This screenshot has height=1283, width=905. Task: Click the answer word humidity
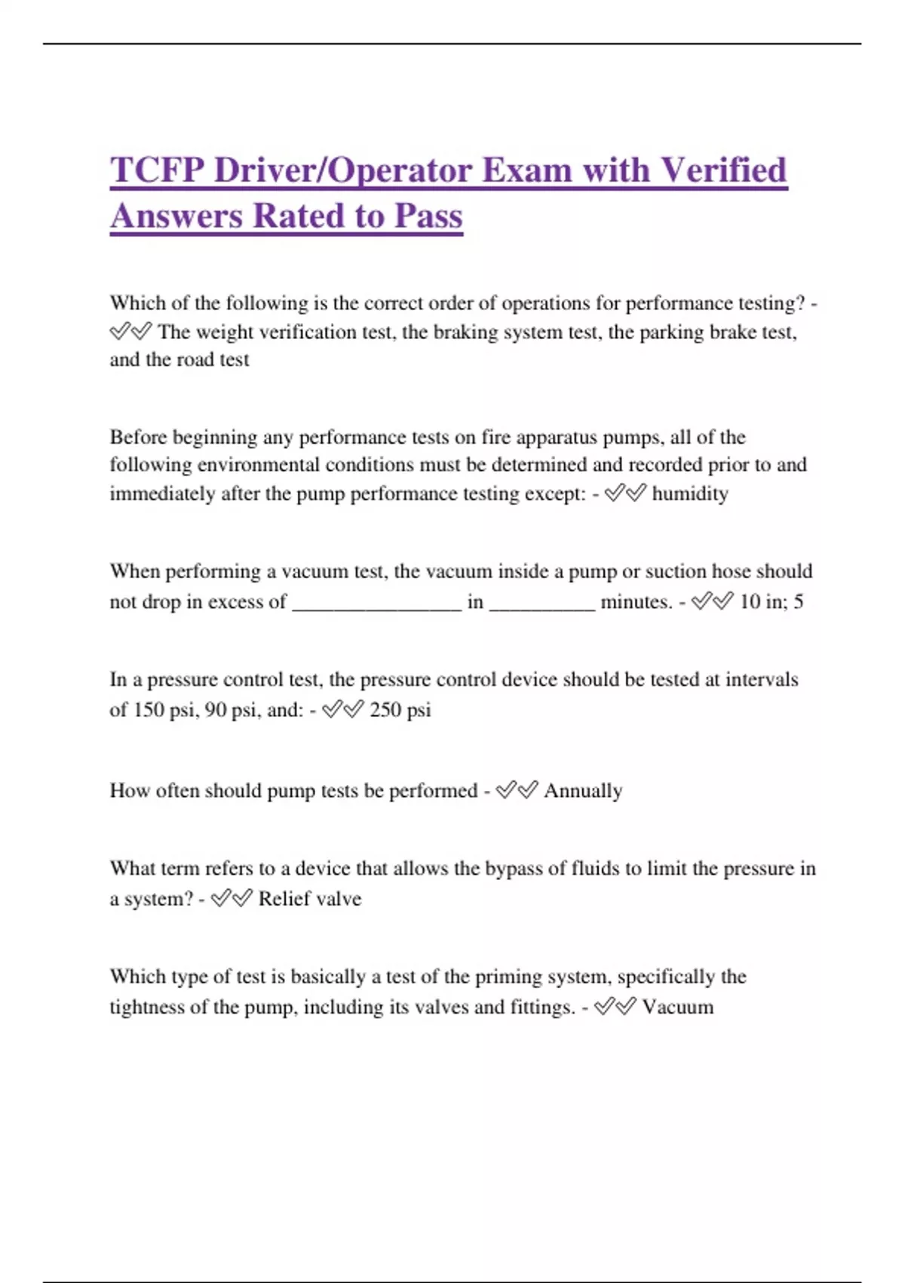pos(690,494)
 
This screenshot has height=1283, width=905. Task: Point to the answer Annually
pos(583,791)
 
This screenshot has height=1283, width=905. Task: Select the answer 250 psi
pos(400,710)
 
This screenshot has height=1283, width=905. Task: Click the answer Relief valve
pos(309,899)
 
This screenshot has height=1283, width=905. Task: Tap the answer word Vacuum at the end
pos(677,1008)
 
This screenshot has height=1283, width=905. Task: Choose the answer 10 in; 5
pos(771,602)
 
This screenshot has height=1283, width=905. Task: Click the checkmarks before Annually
pos(517,790)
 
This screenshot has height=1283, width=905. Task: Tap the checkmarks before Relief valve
pos(232,898)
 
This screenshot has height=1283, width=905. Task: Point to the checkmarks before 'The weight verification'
pos(130,331)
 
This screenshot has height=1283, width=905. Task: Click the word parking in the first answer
pos(672,332)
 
